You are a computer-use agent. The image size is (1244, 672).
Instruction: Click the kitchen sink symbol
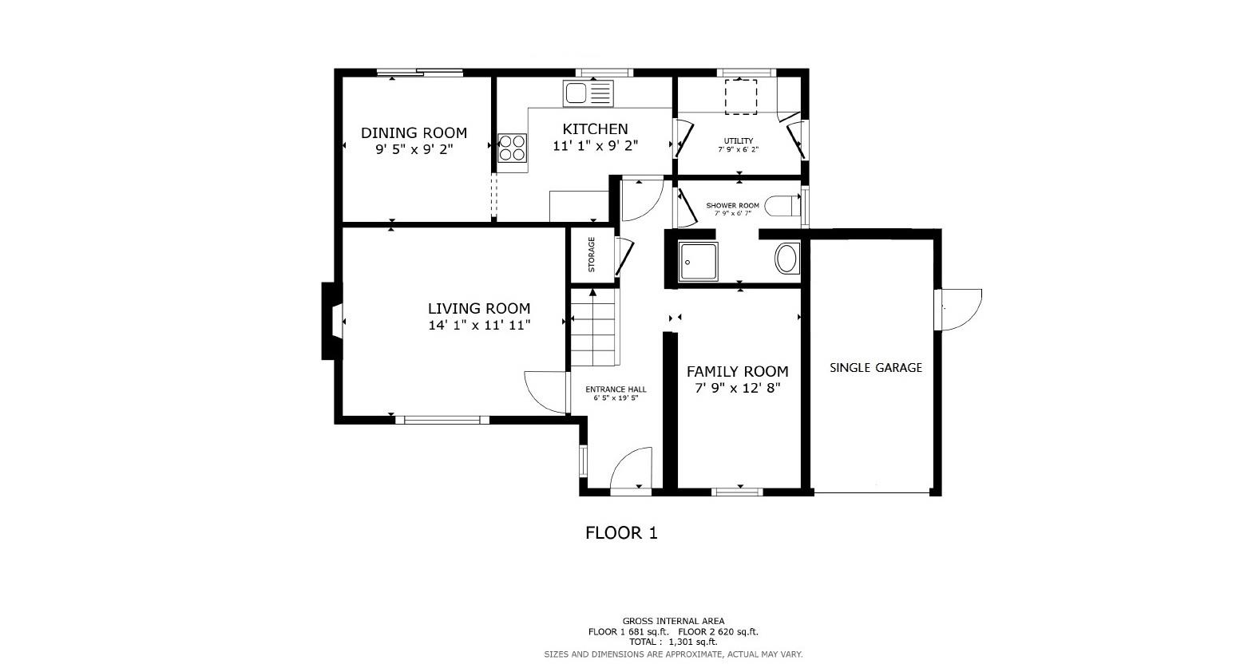(x=588, y=93)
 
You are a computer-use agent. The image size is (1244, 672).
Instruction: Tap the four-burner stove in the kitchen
(x=512, y=148)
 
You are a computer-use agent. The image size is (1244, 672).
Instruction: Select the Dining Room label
(x=414, y=133)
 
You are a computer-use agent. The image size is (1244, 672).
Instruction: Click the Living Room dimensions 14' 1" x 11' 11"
(x=479, y=325)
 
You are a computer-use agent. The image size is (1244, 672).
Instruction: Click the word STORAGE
(x=592, y=255)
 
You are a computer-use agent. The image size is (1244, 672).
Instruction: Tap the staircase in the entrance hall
(x=593, y=328)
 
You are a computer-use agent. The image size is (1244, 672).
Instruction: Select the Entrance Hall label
(x=616, y=389)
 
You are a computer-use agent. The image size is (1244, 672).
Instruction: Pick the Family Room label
(x=737, y=371)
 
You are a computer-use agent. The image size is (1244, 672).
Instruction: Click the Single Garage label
(x=875, y=368)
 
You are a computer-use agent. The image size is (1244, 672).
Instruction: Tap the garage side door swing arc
(x=962, y=309)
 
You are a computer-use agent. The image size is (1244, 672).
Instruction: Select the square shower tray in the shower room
(x=697, y=262)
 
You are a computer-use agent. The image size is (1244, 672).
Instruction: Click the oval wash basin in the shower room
(x=786, y=259)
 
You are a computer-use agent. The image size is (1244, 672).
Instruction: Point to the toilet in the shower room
(x=782, y=207)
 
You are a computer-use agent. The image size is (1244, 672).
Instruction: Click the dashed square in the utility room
(x=740, y=96)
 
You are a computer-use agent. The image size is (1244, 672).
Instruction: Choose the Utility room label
(x=738, y=141)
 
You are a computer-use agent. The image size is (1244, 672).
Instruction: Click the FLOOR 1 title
(x=621, y=533)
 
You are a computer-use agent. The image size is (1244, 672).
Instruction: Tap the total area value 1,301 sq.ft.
(x=693, y=642)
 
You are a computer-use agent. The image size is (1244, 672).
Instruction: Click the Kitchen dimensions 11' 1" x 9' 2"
(x=595, y=146)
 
